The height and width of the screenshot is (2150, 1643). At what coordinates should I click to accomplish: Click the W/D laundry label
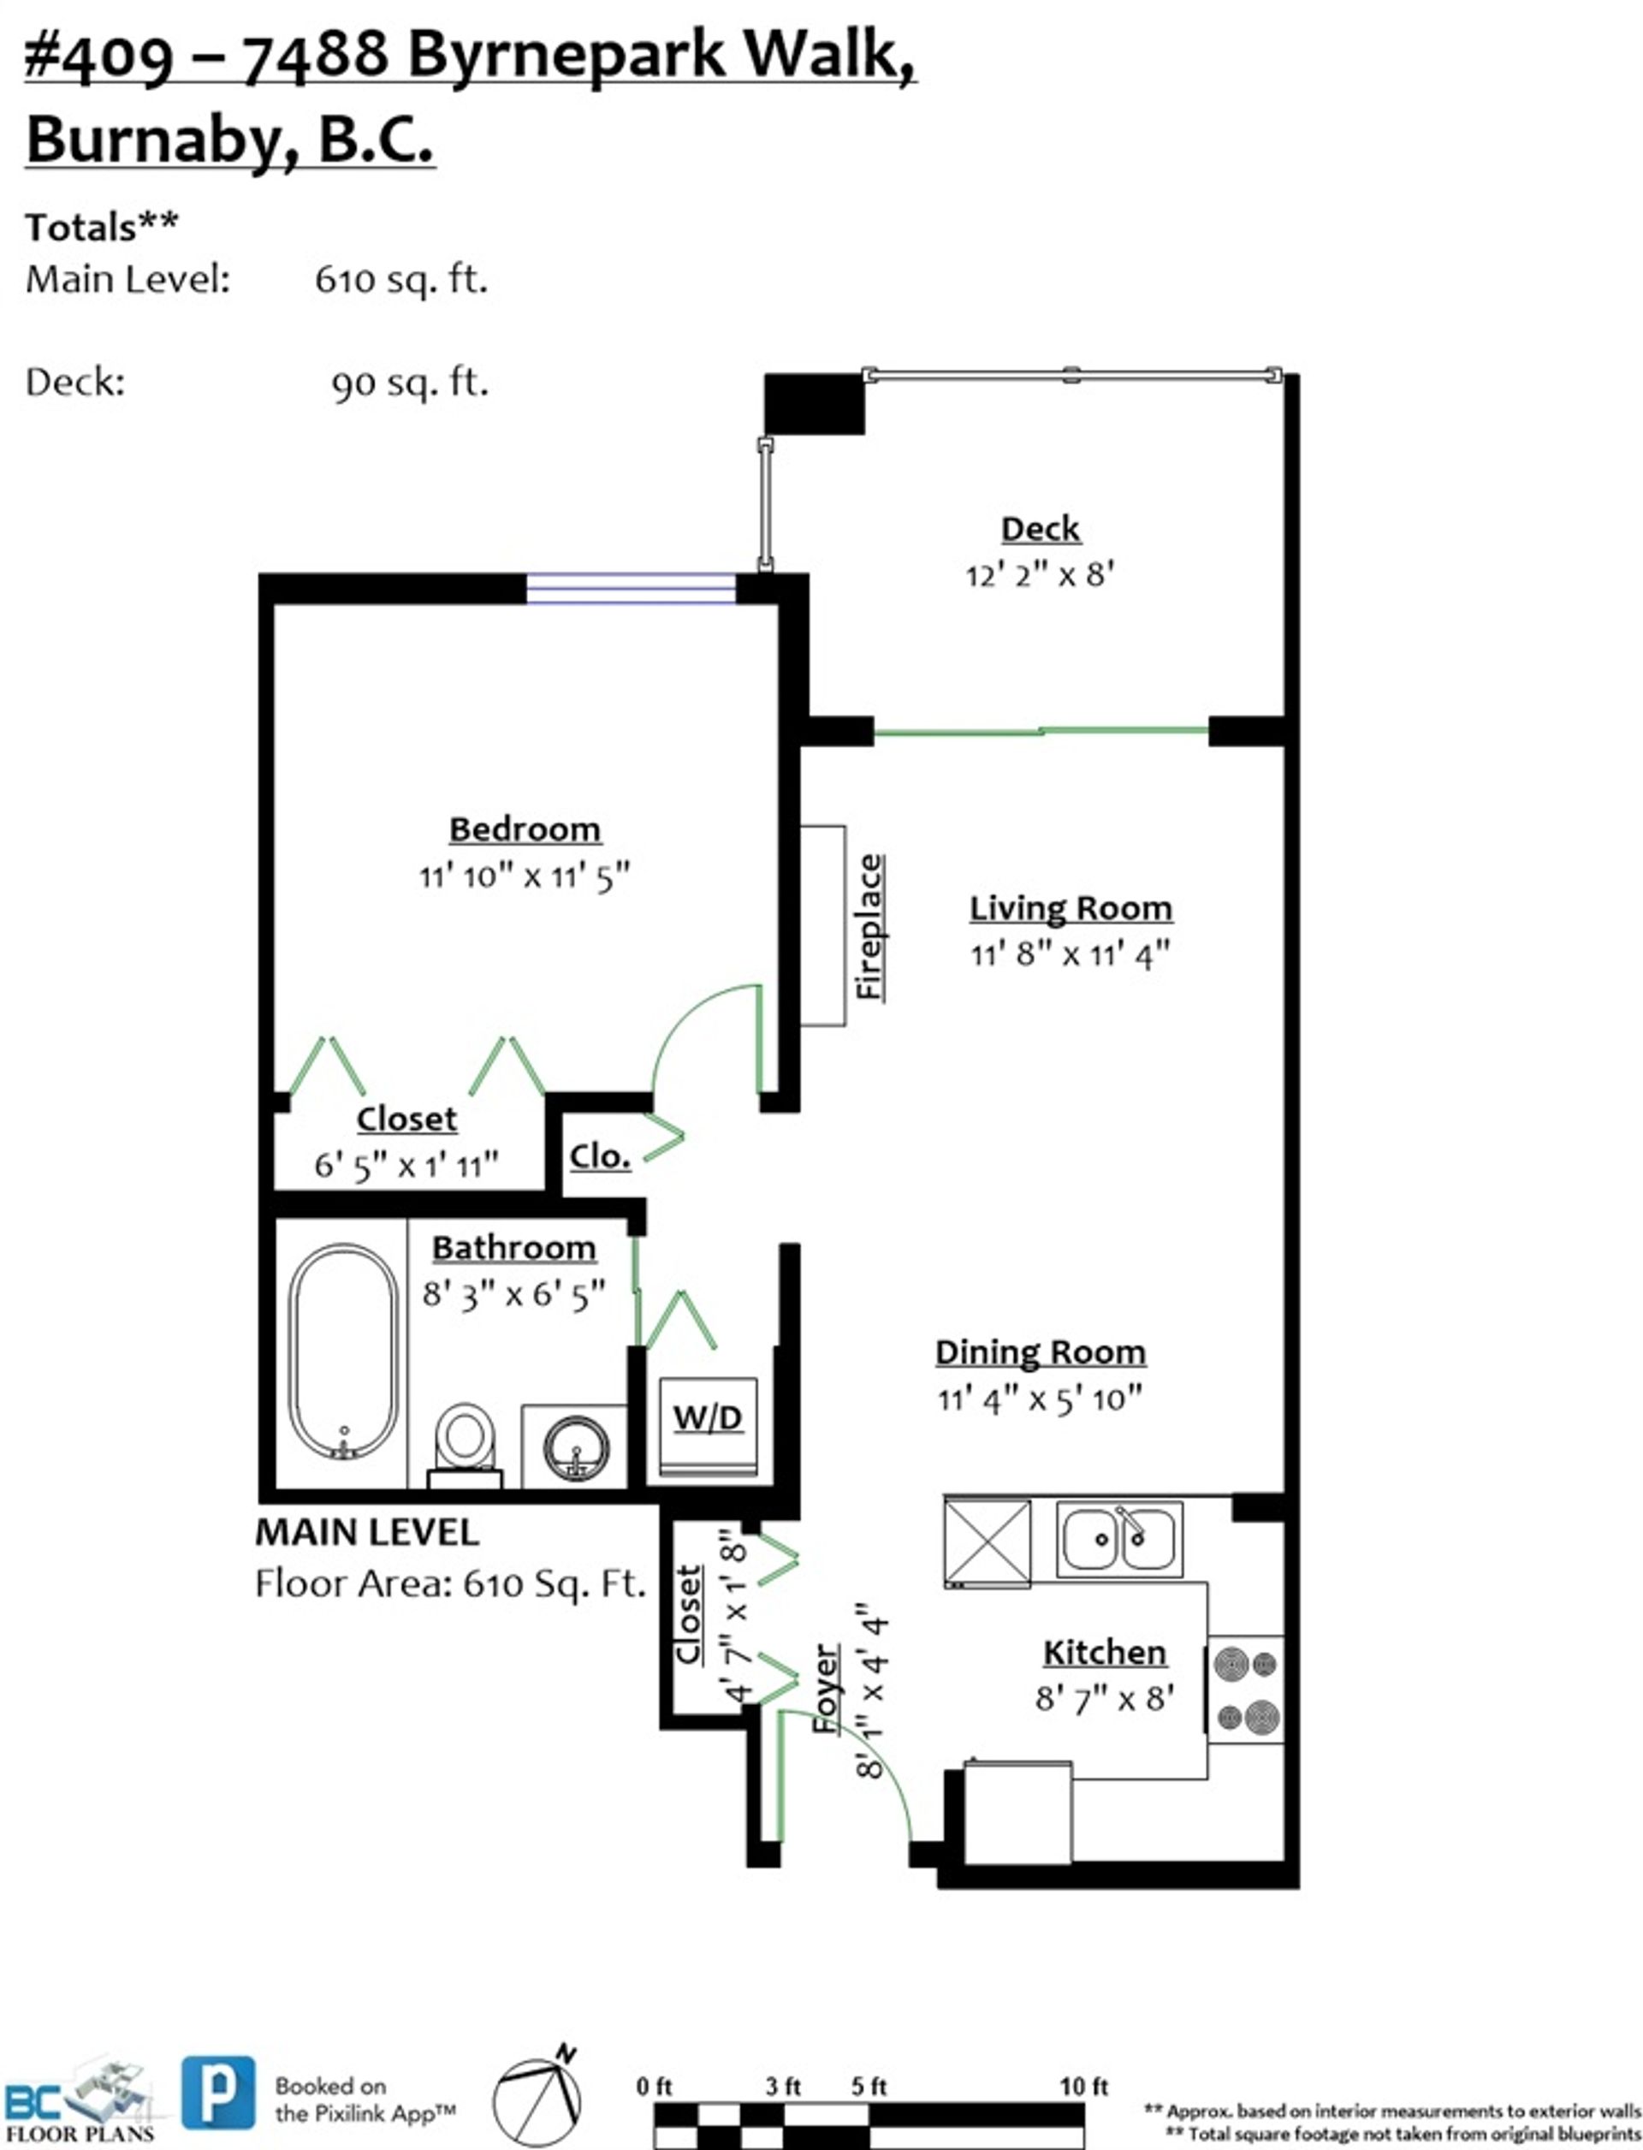[x=707, y=1417]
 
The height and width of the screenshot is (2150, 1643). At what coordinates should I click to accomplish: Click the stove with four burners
[x=1246, y=1690]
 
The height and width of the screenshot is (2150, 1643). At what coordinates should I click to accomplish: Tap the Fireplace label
[x=869, y=926]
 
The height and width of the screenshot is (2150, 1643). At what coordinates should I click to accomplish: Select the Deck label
[x=1040, y=529]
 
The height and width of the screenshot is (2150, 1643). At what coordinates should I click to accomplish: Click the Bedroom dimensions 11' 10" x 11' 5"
[x=525, y=876]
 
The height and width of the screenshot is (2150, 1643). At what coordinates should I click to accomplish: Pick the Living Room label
[x=1071, y=908]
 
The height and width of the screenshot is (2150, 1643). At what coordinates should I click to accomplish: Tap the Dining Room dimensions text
[x=1040, y=1399]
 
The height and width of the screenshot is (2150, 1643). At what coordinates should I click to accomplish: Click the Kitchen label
[x=1104, y=1652]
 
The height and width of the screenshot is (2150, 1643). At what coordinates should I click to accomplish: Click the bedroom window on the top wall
[x=631, y=589]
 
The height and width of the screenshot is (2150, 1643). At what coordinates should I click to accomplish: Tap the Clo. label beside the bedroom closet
[x=600, y=1156]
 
